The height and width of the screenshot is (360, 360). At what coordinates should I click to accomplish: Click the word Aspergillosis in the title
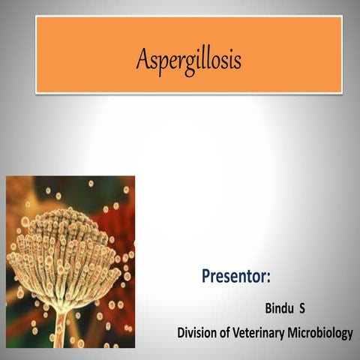pos(188,59)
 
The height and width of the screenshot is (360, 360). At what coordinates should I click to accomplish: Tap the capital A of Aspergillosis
pos(142,58)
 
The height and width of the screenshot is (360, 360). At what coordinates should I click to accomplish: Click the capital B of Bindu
pos(268,309)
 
